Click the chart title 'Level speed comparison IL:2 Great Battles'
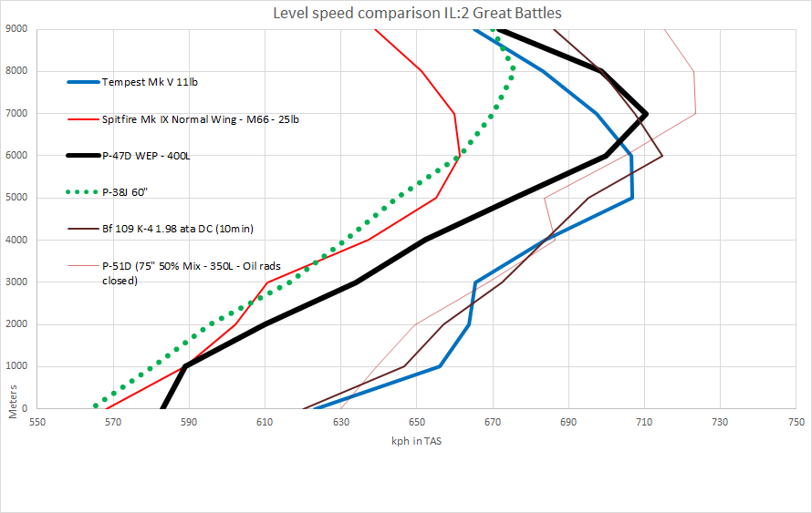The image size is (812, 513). click(406, 14)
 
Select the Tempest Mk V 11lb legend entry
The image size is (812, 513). click(150, 82)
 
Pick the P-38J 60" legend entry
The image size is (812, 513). click(127, 192)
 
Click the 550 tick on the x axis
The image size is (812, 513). click(37, 423)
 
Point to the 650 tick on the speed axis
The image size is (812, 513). click(417, 423)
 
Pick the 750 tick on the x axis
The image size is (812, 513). click(796, 423)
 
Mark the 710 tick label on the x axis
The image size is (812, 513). click(645, 423)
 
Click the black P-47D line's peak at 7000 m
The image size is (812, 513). click(646, 114)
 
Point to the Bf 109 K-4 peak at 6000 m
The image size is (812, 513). click(662, 156)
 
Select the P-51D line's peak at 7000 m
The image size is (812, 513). click(696, 114)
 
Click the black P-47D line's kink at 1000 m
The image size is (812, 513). click(185, 366)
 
